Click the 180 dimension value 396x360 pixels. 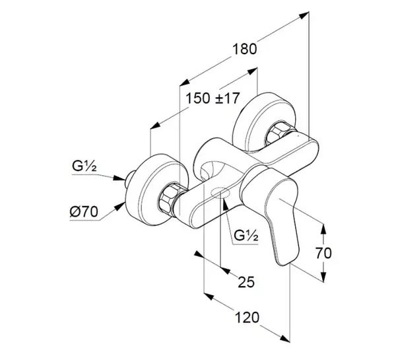pos(244,49)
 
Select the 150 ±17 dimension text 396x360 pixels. pos(213,98)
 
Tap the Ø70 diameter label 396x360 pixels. pos(84,211)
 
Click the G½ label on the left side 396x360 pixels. pos(84,166)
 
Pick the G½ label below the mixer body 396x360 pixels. pos(246,235)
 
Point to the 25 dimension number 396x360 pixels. pos(246,281)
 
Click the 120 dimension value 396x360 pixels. pos(247,317)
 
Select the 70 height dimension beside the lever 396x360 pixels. pos(323,253)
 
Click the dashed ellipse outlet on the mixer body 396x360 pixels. pos(221,193)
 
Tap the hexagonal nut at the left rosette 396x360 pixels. pos(169,198)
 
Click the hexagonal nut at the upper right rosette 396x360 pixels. pos(278,134)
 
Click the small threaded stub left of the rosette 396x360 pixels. pos(129,178)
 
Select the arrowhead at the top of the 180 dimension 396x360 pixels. pos(304,15)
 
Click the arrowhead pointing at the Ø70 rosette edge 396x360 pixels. pos(120,206)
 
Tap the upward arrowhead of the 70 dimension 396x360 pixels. pos(323,229)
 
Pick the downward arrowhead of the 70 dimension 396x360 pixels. pos(323,276)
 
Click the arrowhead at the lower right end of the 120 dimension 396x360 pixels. pos(285,339)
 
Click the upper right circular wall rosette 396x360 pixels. pos(265,124)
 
